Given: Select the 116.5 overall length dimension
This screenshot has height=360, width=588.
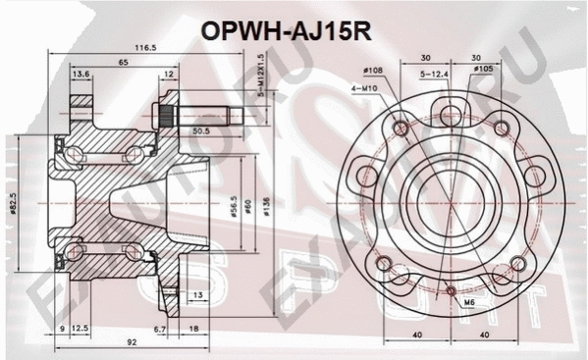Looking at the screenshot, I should click(x=146, y=47).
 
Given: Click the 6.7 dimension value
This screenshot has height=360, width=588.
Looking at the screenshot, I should click(x=159, y=330).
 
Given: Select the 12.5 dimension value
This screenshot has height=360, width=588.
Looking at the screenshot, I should click(x=81, y=330).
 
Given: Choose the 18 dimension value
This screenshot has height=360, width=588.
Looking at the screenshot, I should click(x=191, y=330).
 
